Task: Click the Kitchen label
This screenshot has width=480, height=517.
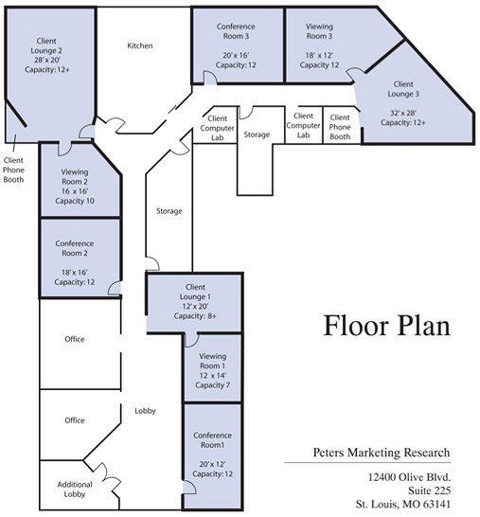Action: coord(140,45)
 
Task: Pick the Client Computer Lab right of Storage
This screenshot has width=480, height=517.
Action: coord(303,124)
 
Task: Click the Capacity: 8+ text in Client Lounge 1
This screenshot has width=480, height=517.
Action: coord(196,317)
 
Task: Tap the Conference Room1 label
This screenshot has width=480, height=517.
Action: coord(213,441)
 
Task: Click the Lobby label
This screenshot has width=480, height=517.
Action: coord(145,410)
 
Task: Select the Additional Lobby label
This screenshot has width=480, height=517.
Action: coord(63,490)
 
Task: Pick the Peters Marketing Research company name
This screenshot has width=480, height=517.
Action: coord(382,453)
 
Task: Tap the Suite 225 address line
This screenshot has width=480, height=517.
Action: coord(428,490)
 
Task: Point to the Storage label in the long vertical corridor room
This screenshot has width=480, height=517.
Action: coord(169,210)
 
